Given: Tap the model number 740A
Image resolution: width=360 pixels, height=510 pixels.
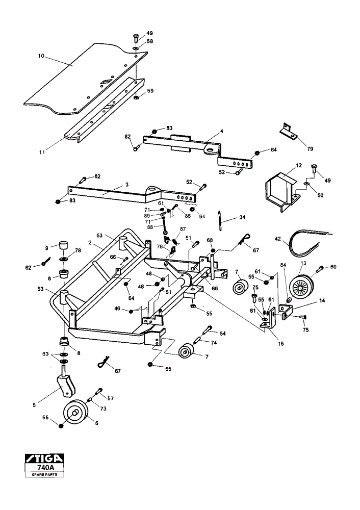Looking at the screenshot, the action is click(44, 467).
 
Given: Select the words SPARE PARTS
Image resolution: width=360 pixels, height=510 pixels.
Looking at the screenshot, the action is click(44, 474).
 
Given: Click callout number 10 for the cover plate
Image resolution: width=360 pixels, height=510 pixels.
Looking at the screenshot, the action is click(41, 56).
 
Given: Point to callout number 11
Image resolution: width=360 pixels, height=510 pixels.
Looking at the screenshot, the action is click(42, 152).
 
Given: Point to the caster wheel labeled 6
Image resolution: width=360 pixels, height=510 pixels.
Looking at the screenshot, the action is click(76, 413).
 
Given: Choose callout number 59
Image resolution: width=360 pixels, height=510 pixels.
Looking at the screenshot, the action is click(150, 91).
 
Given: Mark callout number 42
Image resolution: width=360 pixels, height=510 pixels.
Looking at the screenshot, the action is click(277, 239).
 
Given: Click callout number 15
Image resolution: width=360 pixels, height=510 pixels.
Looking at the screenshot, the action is click(281, 343).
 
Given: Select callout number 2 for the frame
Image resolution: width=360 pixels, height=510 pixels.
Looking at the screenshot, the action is click(89, 242).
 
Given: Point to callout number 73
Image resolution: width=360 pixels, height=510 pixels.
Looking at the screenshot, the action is click(103, 409).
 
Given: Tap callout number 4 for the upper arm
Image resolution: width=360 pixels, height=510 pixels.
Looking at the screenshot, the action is click(221, 131).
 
